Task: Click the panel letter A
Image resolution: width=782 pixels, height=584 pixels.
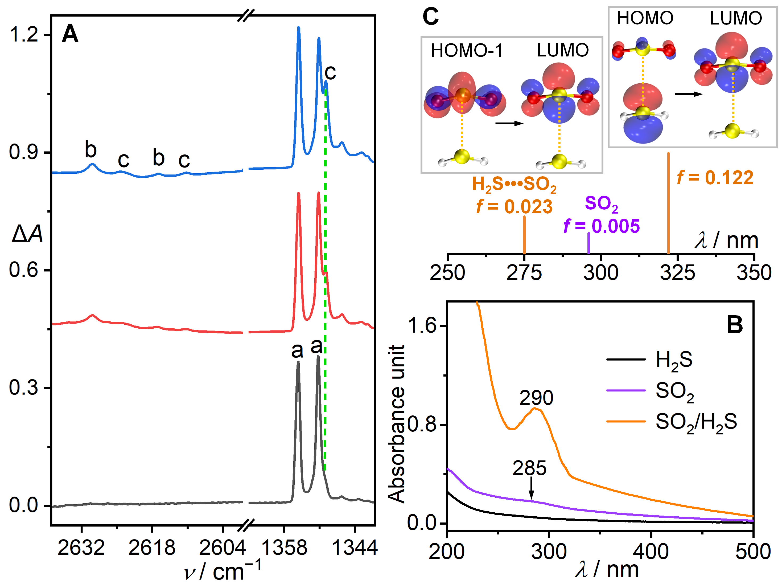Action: click(70, 34)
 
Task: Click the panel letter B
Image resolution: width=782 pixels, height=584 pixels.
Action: click(734, 325)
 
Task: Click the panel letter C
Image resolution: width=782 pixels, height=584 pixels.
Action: click(430, 16)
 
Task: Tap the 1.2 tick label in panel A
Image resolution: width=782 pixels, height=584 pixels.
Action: click(24, 35)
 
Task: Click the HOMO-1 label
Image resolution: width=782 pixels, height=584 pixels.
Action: click(466, 51)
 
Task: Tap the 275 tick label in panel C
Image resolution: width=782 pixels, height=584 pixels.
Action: click(524, 273)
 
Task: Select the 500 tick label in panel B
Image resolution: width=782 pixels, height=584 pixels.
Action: click(753, 552)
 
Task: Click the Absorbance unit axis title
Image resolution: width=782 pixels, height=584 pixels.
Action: click(397, 424)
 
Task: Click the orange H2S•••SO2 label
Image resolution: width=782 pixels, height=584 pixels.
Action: click(514, 185)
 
